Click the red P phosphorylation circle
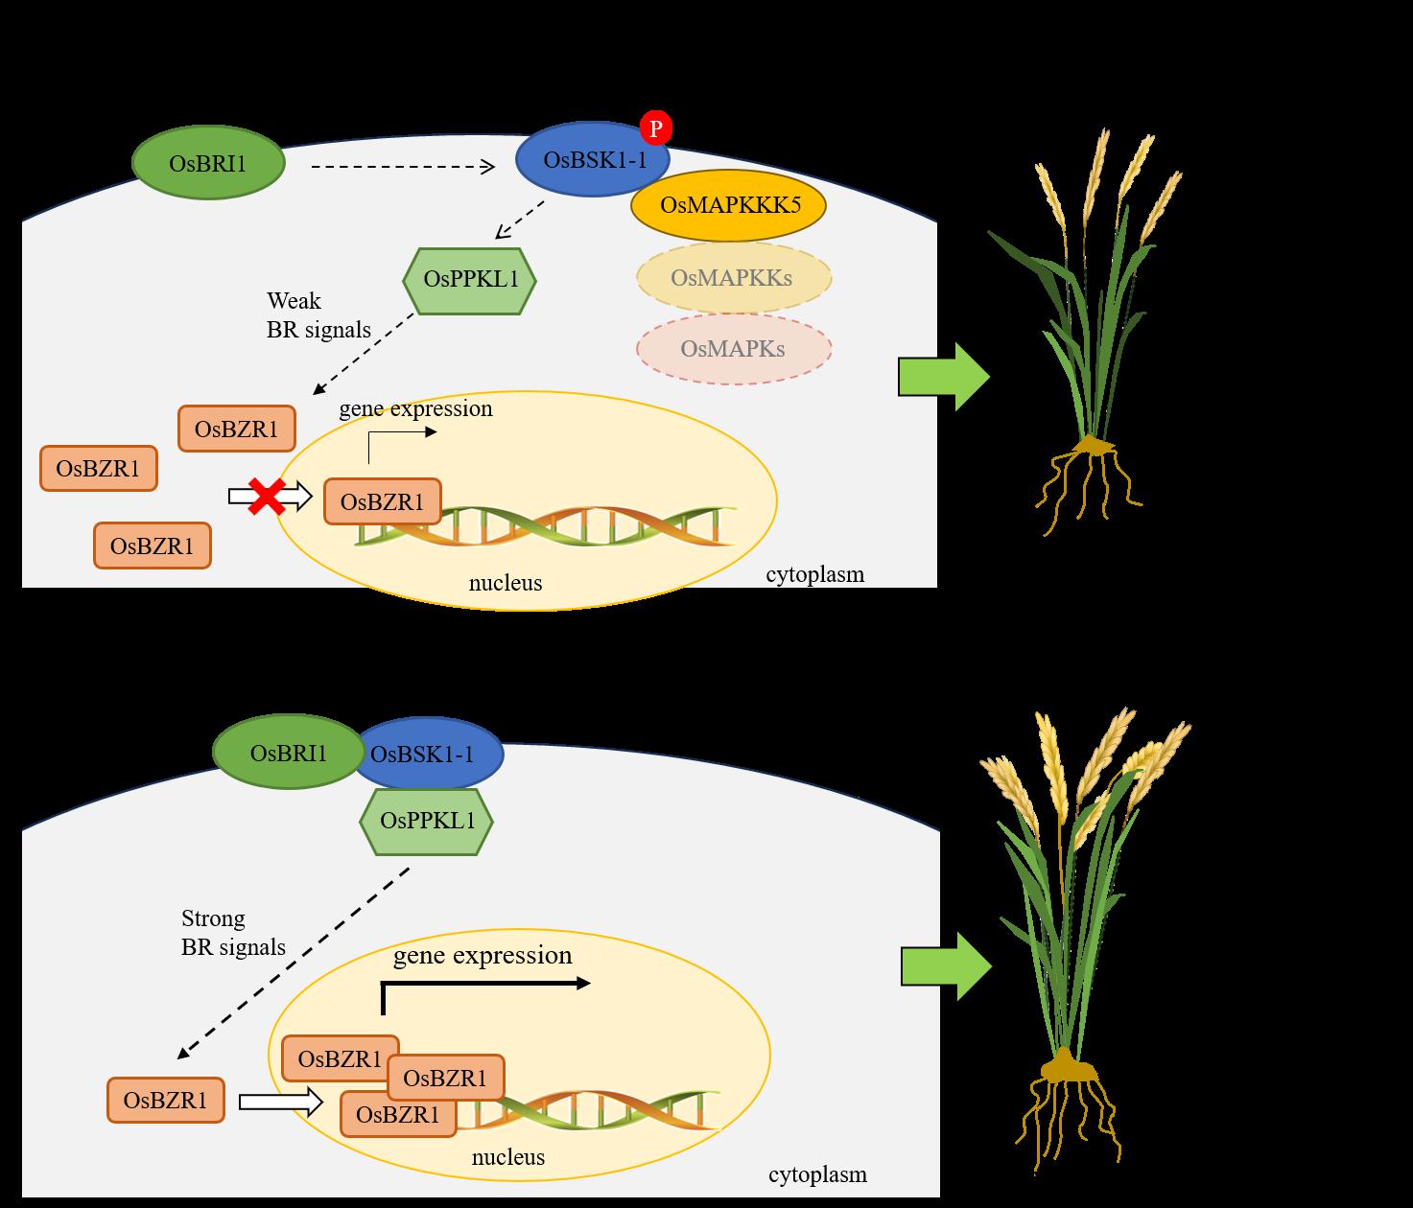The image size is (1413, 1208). (656, 128)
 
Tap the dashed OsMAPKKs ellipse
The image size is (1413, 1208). (732, 278)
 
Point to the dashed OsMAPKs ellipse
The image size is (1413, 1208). (733, 348)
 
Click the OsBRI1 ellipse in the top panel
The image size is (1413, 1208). (208, 164)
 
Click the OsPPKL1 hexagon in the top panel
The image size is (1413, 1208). (468, 281)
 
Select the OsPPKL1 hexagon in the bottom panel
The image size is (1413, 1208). (427, 821)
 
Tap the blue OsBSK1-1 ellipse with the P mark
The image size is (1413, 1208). (593, 160)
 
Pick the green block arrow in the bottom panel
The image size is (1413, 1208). (945, 966)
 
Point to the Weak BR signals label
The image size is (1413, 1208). (318, 315)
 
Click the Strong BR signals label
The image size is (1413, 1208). (233, 933)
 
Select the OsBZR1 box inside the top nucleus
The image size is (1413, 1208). (382, 502)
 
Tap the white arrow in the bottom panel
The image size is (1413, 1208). (280, 1102)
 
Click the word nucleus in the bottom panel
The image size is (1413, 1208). (507, 1157)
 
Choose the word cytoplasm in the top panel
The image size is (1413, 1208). (814, 575)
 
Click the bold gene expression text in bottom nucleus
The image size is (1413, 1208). (483, 956)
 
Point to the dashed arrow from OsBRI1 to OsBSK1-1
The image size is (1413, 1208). (402, 168)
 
